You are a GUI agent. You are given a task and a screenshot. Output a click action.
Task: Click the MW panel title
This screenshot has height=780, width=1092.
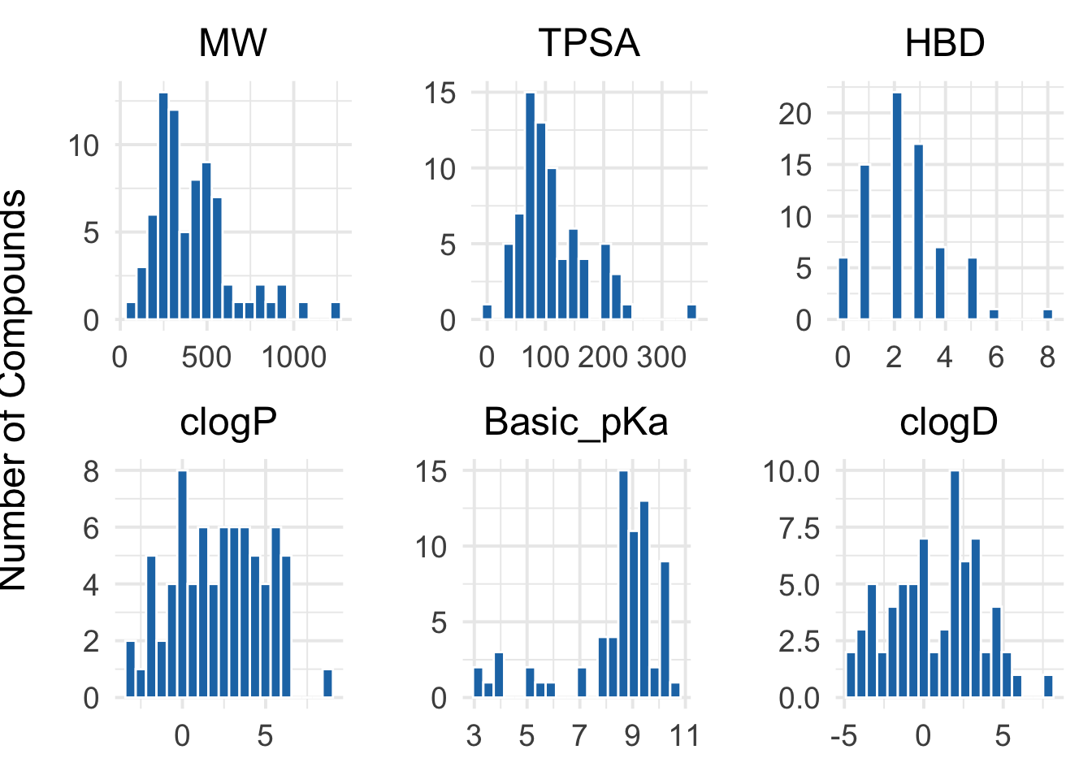232,43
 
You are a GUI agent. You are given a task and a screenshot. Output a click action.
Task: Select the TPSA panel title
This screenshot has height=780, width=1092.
589,43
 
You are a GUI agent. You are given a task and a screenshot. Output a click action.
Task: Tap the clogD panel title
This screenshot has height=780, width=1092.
948,422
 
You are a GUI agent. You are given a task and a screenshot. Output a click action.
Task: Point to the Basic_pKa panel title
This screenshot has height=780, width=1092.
576,422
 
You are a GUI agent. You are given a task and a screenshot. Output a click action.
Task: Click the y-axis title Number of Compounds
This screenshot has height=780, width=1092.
15,390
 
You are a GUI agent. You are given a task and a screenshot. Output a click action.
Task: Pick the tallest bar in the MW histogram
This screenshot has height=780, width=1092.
163,206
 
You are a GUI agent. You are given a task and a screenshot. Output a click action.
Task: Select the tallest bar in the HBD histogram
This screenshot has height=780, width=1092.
896,206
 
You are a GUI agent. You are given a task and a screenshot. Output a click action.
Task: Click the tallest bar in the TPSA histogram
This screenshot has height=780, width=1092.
530,206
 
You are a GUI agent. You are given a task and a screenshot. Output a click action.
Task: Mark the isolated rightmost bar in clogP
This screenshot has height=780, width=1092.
327,683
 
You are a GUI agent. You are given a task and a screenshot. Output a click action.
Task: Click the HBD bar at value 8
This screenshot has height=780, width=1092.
1048,314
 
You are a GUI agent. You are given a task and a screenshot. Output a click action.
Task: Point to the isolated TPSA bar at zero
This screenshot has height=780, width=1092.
487,312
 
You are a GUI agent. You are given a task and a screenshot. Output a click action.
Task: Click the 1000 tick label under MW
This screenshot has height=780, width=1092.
294,357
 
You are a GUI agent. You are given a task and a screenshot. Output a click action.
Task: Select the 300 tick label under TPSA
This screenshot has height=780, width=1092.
662,357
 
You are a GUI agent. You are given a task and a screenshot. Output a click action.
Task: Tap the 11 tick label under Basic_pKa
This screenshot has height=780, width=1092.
685,735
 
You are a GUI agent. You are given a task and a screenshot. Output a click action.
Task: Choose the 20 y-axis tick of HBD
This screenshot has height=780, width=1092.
795,114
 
